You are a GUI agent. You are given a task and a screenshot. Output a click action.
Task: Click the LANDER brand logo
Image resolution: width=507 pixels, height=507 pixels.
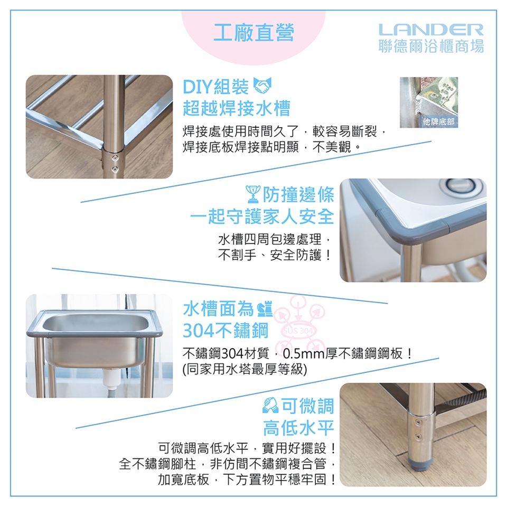tap(431, 30)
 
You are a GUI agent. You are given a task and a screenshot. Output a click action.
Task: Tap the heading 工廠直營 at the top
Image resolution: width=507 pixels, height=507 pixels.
tap(253, 33)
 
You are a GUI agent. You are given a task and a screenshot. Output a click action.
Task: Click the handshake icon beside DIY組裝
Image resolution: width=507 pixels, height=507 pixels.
tap(262, 86)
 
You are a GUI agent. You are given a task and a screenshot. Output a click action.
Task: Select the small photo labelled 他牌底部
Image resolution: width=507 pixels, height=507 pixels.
tap(429, 102)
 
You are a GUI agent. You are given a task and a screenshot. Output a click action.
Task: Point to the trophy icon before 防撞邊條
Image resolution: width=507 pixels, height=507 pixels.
tap(253, 194)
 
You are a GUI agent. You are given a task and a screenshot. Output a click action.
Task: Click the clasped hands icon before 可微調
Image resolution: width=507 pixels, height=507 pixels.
tap(270, 406)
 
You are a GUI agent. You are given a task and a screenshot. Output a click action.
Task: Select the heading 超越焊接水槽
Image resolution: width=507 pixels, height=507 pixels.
tap(237, 108)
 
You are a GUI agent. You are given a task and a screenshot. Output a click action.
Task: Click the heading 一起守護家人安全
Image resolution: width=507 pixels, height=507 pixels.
tap(262, 217)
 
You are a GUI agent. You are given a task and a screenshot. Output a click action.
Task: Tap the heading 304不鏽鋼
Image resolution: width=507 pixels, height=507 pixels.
tap(226, 331)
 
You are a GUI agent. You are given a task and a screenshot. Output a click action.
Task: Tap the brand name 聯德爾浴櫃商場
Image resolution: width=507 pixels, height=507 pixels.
tap(431, 46)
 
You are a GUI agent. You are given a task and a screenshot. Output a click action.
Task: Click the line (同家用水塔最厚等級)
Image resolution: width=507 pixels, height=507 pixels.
tap(245, 369)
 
